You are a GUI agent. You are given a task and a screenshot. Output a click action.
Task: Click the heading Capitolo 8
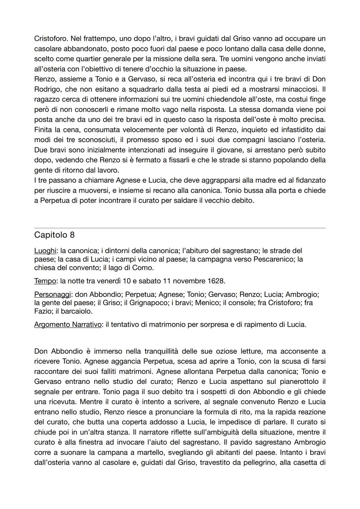click(54, 235)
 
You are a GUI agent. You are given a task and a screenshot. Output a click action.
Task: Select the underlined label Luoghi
click(45, 250)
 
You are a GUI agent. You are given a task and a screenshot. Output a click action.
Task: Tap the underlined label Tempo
click(45, 281)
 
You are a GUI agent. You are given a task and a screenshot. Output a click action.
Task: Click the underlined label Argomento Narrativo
click(68, 324)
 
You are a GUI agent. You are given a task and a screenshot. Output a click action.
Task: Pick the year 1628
click(216, 281)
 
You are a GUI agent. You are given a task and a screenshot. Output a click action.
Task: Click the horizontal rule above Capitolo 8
click(180, 228)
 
